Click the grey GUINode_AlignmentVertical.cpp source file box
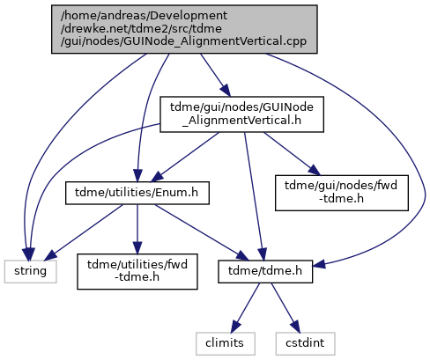click(184, 29)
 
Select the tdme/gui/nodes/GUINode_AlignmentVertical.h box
click(241, 114)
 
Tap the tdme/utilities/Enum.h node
click(137, 193)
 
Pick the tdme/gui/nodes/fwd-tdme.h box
click(342, 193)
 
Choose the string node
click(30, 271)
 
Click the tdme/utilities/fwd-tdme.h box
click(137, 271)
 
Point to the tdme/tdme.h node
click(265, 271)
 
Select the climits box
click(226, 343)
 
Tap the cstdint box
click(305, 343)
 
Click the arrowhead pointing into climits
click(235, 327)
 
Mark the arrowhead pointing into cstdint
click(296, 327)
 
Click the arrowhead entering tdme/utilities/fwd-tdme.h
click(137, 247)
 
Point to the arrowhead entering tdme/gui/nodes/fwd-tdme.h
click(314, 171)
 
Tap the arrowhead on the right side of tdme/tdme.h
click(320, 264)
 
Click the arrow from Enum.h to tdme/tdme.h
click(202, 232)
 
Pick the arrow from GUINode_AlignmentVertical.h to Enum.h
click(185, 157)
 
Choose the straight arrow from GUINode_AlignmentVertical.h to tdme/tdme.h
click(255, 196)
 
